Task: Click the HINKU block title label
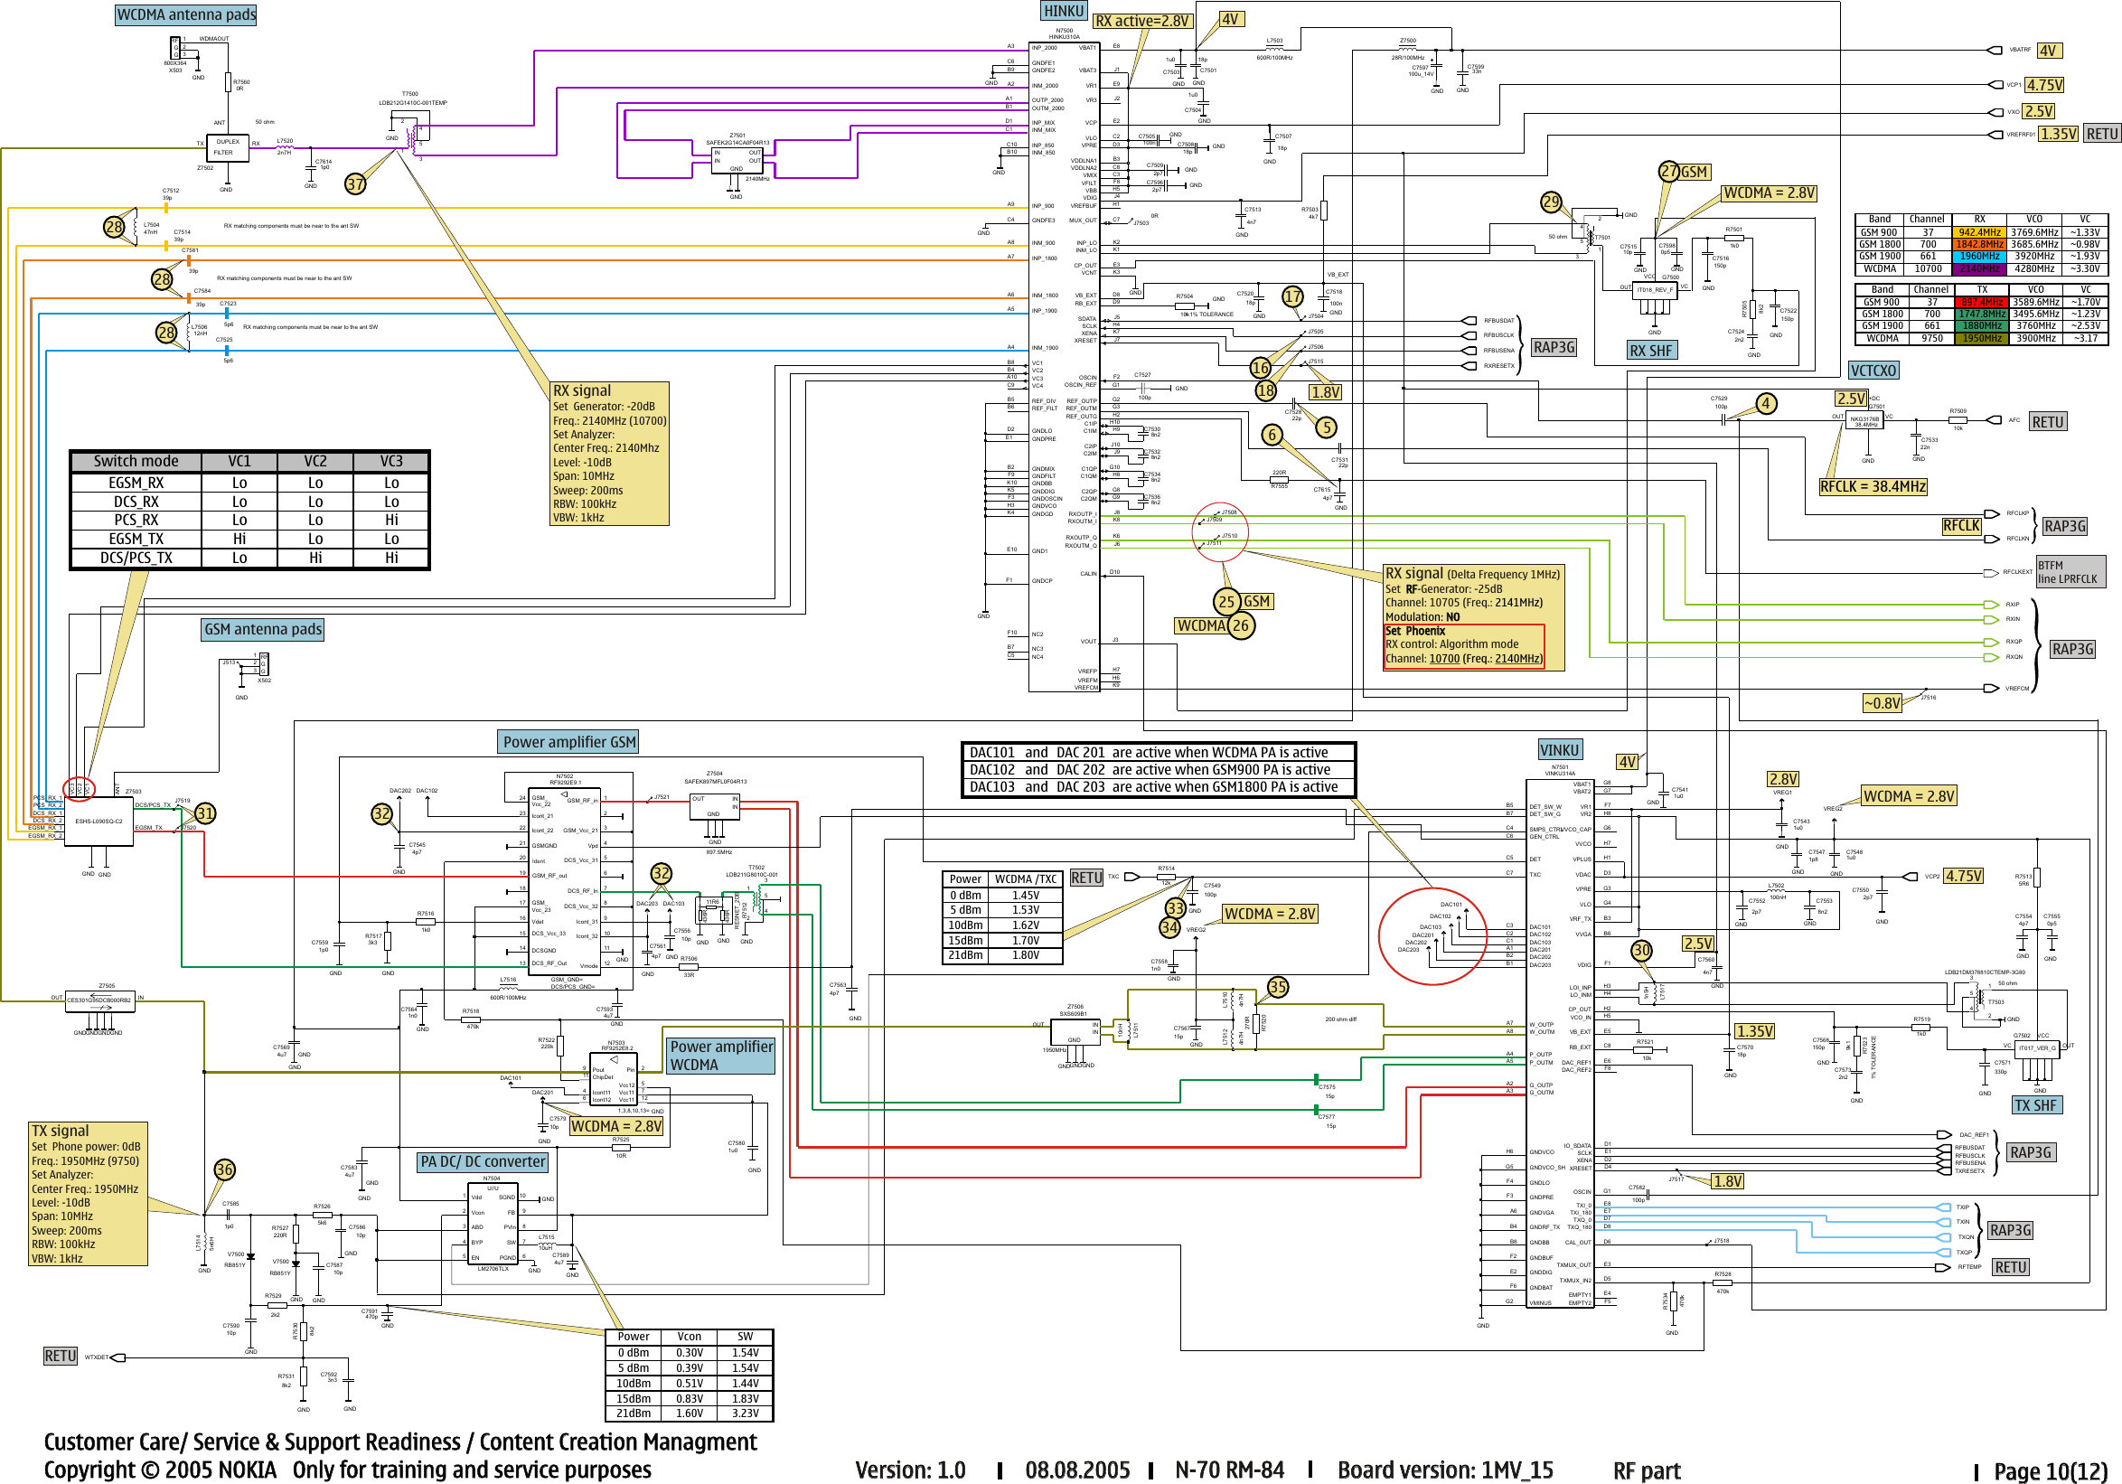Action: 1063,11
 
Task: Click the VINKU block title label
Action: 1559,749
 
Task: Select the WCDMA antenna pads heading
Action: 186,14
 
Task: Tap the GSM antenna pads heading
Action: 262,629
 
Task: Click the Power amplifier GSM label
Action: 568,742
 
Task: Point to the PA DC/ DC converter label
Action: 483,1161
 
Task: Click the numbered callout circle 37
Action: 356,183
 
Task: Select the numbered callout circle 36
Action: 225,1169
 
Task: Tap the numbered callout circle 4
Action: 1765,403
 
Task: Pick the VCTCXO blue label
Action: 1873,371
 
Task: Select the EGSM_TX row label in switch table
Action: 136,539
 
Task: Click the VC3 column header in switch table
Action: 391,461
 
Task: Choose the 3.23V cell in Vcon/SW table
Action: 745,1413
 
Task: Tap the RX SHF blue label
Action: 1650,350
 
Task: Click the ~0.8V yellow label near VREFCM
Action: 1882,703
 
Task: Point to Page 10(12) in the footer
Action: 2049,1470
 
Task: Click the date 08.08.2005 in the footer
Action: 1076,1470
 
